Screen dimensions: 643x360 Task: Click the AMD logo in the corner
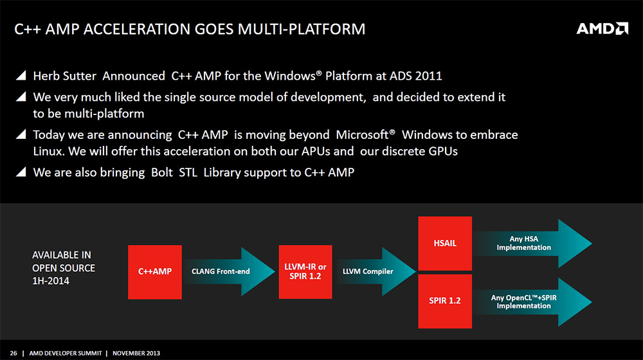click(x=602, y=29)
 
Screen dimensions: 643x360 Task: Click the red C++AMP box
click(x=155, y=272)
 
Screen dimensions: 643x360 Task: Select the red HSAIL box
click(x=445, y=243)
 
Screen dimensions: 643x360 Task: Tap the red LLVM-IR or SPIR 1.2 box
click(x=305, y=272)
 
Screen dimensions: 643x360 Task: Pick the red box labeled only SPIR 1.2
click(x=445, y=301)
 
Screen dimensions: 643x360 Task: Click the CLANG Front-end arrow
click(x=229, y=271)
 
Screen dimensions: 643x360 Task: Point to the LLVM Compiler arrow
click(x=376, y=271)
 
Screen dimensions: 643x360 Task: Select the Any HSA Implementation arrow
click(x=532, y=244)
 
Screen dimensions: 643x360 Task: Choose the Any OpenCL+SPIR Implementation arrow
click(x=532, y=302)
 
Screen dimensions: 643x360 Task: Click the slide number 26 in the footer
click(x=14, y=353)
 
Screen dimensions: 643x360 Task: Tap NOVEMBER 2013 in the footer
click(x=136, y=353)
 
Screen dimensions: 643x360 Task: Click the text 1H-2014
click(x=51, y=281)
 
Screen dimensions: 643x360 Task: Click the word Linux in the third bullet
click(x=48, y=151)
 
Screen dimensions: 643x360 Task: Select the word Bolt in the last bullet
click(x=162, y=173)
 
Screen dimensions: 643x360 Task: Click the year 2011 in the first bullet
click(x=428, y=76)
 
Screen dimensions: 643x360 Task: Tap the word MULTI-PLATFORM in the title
click(x=302, y=29)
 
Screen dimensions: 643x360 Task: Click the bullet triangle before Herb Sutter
click(x=21, y=75)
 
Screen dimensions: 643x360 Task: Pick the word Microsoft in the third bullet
click(x=363, y=135)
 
